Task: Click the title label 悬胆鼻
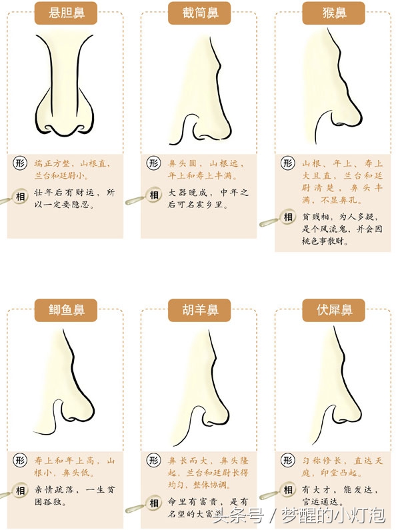point(65,13)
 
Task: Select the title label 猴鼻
point(333,13)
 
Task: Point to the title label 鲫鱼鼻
point(65,309)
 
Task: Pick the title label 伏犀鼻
point(333,309)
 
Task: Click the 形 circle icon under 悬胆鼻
point(20,163)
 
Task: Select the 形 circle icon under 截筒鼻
point(153,163)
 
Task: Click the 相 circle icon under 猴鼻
point(288,217)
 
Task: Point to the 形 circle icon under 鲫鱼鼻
point(20,460)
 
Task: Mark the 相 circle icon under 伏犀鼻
point(288,491)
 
